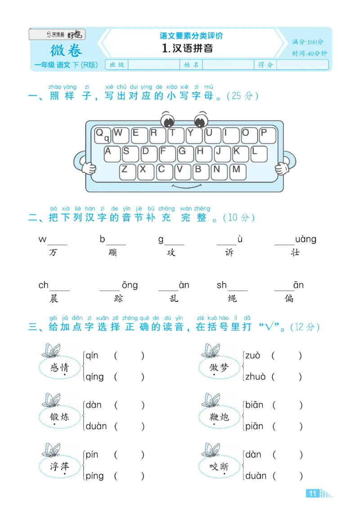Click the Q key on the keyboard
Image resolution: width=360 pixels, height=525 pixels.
(102, 135)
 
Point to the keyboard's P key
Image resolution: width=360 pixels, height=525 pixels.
(266, 135)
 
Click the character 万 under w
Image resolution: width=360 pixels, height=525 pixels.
(54, 253)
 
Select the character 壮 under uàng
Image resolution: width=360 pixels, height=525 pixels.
(295, 253)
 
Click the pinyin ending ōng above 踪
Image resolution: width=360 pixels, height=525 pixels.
(130, 285)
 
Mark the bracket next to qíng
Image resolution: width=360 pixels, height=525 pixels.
(129, 377)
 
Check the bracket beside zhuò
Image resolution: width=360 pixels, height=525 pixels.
(287, 377)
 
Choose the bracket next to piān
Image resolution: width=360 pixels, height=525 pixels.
(287, 426)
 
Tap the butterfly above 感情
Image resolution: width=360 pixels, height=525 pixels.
(51, 350)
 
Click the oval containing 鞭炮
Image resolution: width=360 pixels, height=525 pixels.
(219, 417)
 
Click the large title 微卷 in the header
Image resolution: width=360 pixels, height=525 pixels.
(66, 49)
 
